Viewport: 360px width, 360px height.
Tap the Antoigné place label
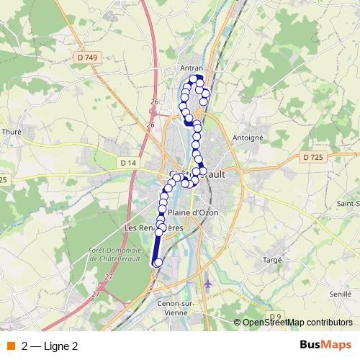pyautogui.click(x=248, y=137)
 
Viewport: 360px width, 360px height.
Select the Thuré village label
pyautogui.click(x=12, y=132)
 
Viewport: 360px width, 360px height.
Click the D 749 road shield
pyautogui.click(x=86, y=58)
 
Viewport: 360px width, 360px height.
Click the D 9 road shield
pyautogui.click(x=275, y=317)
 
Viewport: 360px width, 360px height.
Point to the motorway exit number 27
pyautogui.click(x=109, y=277)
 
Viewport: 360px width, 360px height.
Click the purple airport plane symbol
pyautogui.click(x=208, y=284)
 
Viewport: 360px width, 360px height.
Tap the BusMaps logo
pyautogui.click(x=325, y=346)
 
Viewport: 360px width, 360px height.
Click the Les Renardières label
pyautogui.click(x=154, y=228)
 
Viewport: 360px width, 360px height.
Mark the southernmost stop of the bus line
pyautogui.click(x=157, y=264)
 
